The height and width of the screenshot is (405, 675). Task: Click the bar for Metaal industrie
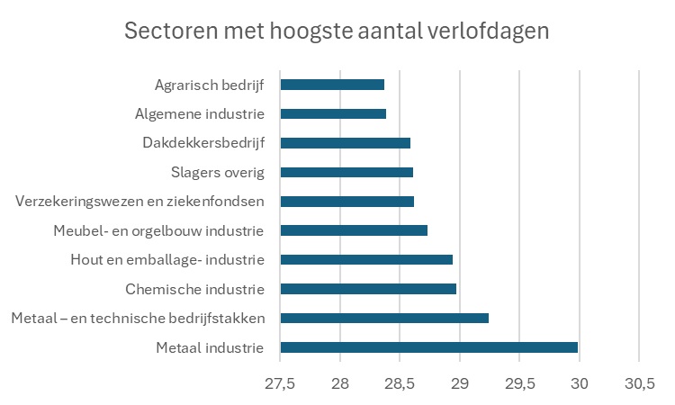(428, 347)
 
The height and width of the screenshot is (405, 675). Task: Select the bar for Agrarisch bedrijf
(332, 85)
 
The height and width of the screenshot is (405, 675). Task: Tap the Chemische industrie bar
(368, 289)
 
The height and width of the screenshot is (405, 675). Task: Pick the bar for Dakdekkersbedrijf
(345, 143)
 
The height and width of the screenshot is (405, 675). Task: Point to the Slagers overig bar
(346, 172)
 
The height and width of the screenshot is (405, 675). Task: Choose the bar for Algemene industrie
(333, 113)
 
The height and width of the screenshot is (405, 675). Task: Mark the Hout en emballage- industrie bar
(366, 260)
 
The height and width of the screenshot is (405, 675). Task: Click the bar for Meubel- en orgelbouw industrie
(354, 230)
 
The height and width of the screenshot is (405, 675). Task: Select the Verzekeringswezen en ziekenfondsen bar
(346, 202)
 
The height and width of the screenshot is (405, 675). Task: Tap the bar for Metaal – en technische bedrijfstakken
(384, 318)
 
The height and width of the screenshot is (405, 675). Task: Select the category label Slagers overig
(217, 172)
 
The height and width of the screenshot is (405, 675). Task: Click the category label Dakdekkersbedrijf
(202, 143)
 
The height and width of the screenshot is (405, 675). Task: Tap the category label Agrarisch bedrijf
(209, 85)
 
